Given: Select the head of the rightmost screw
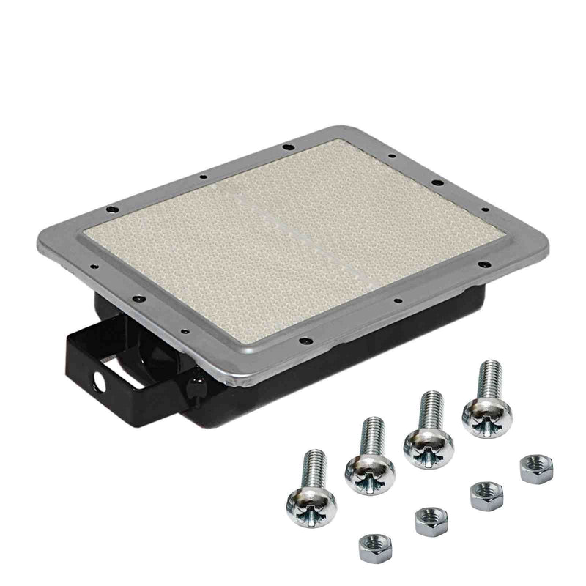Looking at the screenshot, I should (487, 416).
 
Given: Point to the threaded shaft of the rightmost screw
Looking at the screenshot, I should (488, 377).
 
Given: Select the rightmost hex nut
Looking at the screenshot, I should (535, 468).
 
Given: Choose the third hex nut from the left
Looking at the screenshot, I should (486, 495).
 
